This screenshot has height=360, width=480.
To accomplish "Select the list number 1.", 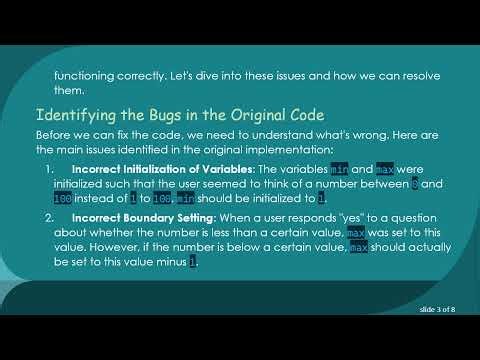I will click(x=51, y=169).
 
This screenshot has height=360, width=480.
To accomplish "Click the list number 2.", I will click(x=51, y=216).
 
